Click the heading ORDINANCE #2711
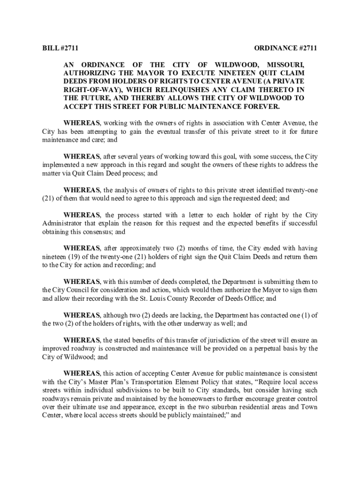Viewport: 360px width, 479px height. pos(286,49)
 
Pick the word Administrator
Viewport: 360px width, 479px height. pos(61,223)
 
